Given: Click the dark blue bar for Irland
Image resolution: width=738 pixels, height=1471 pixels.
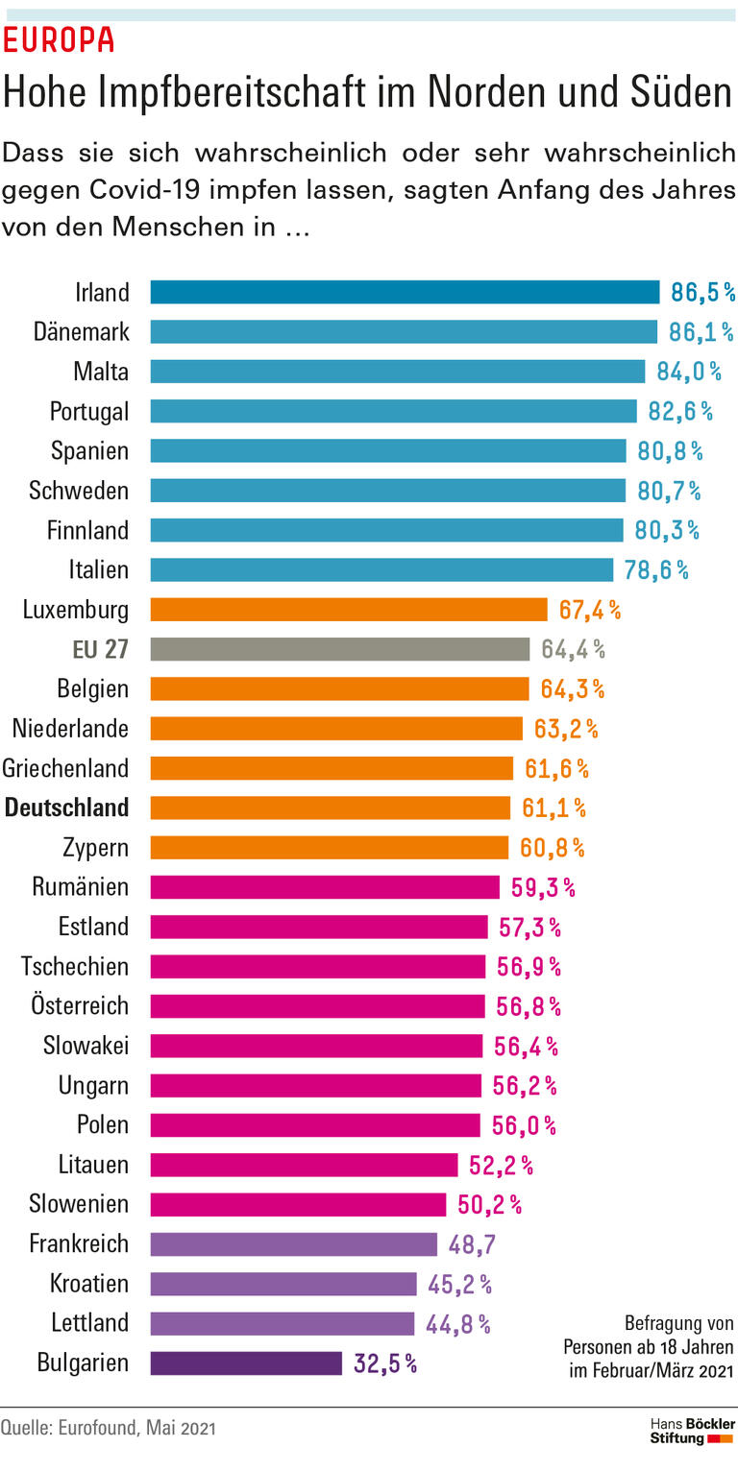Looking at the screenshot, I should [x=405, y=292].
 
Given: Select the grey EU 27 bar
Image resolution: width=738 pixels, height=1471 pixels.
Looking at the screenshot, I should [x=339, y=649].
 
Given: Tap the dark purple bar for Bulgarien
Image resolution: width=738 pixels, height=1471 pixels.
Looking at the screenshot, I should [x=246, y=1362].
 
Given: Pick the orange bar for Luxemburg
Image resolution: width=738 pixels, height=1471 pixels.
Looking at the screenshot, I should [x=348, y=610].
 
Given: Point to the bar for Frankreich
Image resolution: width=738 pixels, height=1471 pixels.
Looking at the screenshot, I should [x=293, y=1243].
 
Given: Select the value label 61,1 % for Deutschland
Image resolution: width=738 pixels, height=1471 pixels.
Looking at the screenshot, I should [x=553, y=808].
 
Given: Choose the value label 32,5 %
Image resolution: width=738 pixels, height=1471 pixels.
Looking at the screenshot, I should [x=385, y=1363].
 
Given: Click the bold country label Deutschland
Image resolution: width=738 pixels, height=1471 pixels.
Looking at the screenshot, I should [x=66, y=808].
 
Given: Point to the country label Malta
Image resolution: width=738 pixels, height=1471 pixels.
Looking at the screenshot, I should [x=101, y=372].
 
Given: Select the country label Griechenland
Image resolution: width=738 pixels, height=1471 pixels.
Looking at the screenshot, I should [x=65, y=768].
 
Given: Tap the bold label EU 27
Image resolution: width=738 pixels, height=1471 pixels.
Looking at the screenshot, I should [x=100, y=649].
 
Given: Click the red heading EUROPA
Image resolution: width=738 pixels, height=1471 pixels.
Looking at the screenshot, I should [x=59, y=39].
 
